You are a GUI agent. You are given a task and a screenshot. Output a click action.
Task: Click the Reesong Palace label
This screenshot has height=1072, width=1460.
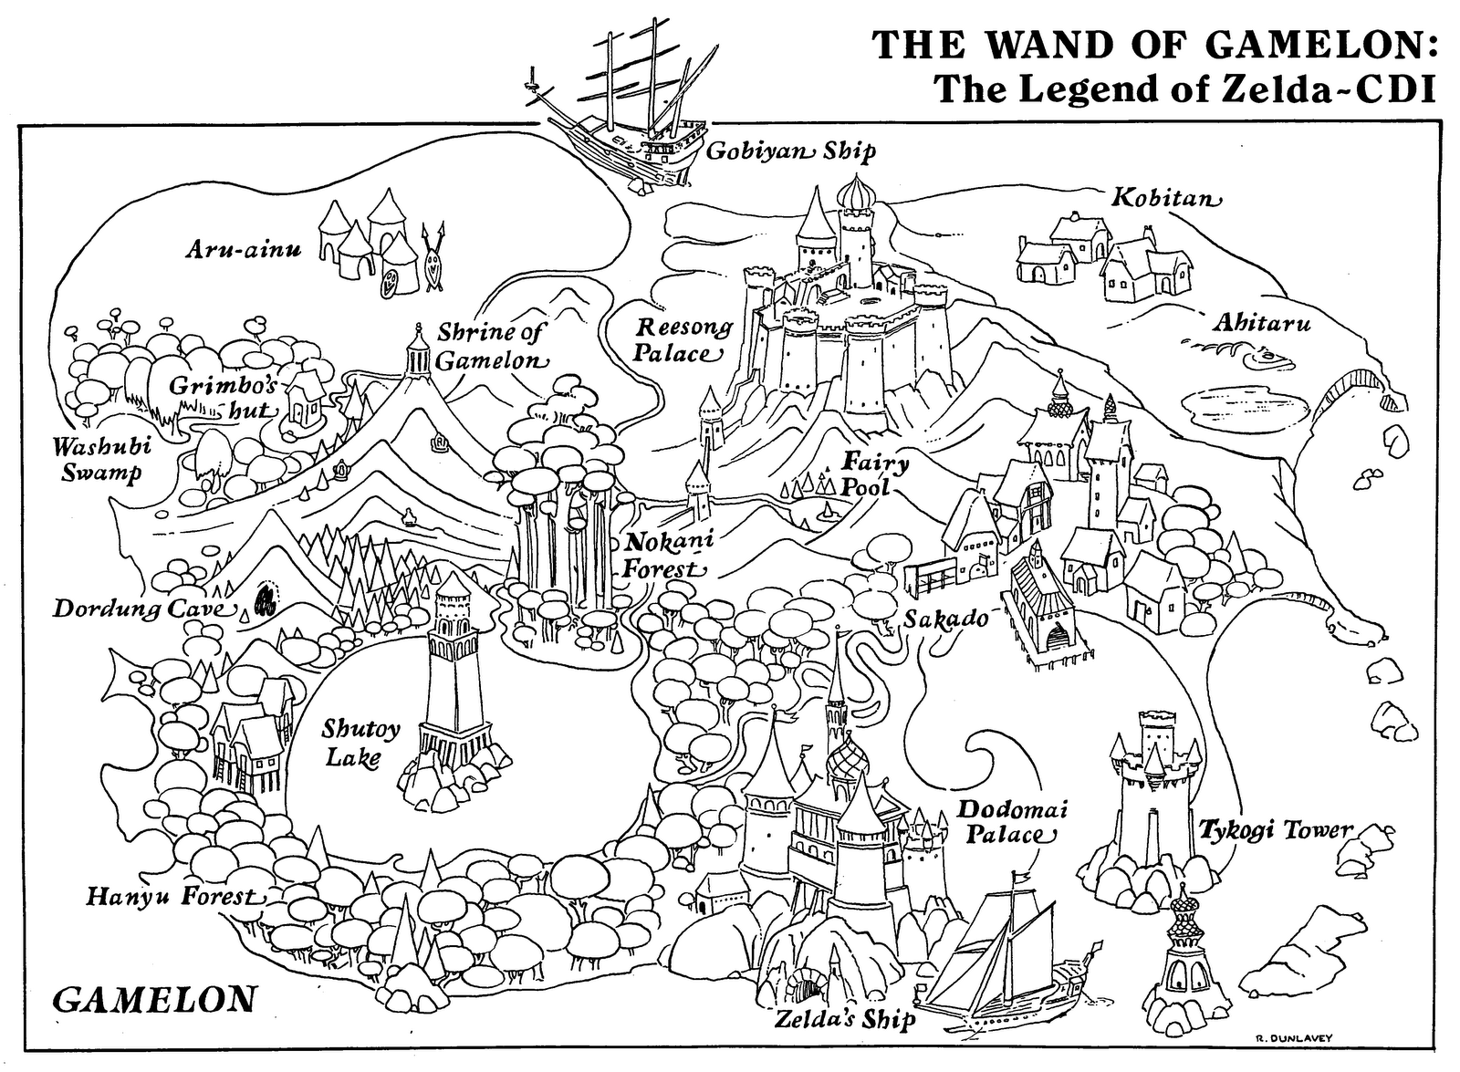(x=683, y=340)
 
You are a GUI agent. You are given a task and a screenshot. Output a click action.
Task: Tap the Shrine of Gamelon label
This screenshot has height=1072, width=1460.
(x=490, y=346)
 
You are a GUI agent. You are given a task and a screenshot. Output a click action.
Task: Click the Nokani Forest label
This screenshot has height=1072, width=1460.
(x=666, y=555)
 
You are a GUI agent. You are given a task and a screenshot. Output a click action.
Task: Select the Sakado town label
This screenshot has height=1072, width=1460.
(x=946, y=619)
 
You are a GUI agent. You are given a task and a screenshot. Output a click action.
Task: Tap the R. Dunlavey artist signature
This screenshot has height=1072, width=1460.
(x=1297, y=1038)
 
